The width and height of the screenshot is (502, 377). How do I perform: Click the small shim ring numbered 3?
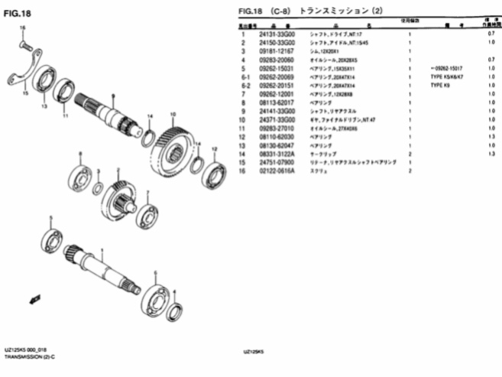pos(98,189)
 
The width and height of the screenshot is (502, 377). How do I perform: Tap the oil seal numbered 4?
pos(176,310)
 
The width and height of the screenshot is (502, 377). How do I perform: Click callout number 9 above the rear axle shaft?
pos(112,96)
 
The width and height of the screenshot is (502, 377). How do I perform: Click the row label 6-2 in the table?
pos(245,86)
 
